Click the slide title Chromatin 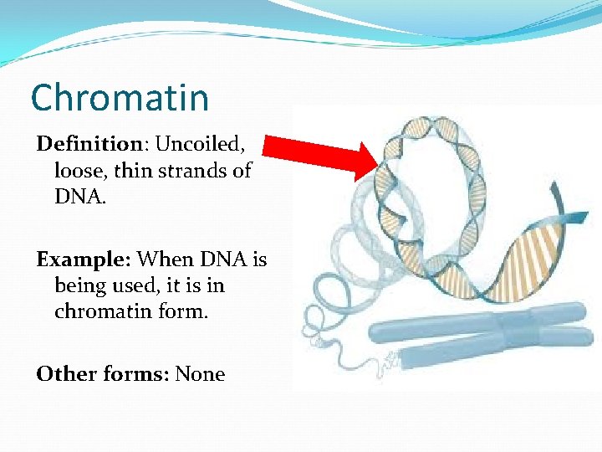[120, 98]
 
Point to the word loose [78, 171]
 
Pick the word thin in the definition [134, 171]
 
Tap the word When [163, 259]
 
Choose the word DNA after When [219, 259]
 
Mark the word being [81, 286]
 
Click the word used [138, 285]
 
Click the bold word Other [64, 373]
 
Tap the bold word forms [134, 373]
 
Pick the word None [200, 373]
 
